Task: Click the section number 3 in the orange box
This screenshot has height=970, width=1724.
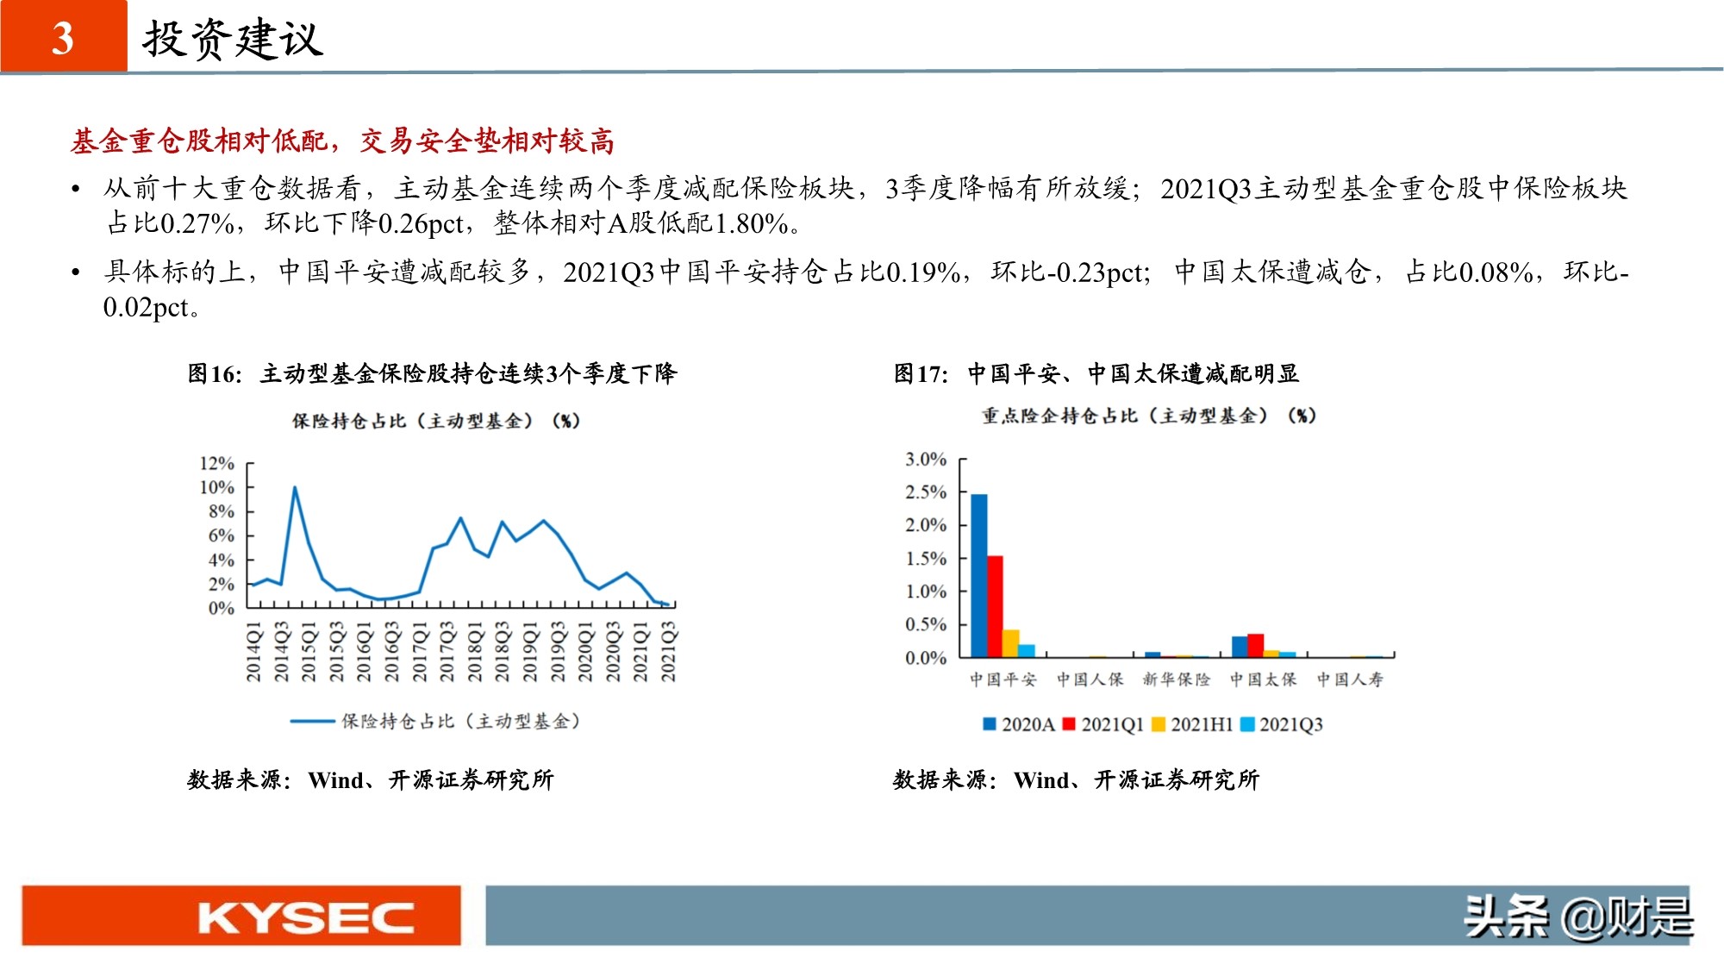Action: [x=63, y=38]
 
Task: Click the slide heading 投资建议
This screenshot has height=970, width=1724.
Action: [x=233, y=39]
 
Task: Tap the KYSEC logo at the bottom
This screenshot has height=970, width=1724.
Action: [x=306, y=917]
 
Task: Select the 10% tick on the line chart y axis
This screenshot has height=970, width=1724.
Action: [x=216, y=487]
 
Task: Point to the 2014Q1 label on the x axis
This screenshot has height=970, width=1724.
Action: [x=253, y=653]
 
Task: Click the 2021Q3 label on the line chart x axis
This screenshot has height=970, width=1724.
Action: [x=668, y=653]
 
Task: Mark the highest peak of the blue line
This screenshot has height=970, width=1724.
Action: [x=295, y=489]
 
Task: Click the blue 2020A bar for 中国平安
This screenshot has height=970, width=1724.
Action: [x=979, y=575]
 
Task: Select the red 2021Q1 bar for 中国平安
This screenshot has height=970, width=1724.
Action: [x=995, y=606]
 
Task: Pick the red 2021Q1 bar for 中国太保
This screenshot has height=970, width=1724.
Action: [x=1255, y=645]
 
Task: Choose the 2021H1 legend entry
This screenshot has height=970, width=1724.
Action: [x=1193, y=724]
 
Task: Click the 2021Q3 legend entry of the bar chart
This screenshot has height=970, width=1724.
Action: [x=1282, y=724]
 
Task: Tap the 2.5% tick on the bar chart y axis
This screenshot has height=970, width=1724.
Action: [x=925, y=492]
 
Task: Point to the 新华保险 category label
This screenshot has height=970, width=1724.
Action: [x=1176, y=679]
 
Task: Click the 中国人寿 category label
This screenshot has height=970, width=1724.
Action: [x=1350, y=679]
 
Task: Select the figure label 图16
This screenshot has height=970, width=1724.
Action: [x=214, y=373]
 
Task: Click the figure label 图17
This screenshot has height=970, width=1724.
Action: [x=920, y=373]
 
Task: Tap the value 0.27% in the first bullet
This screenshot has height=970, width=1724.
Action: [x=197, y=223]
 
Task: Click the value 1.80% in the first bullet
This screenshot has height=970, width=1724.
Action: [x=751, y=223]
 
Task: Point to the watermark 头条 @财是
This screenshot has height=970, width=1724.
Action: [x=1577, y=916]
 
